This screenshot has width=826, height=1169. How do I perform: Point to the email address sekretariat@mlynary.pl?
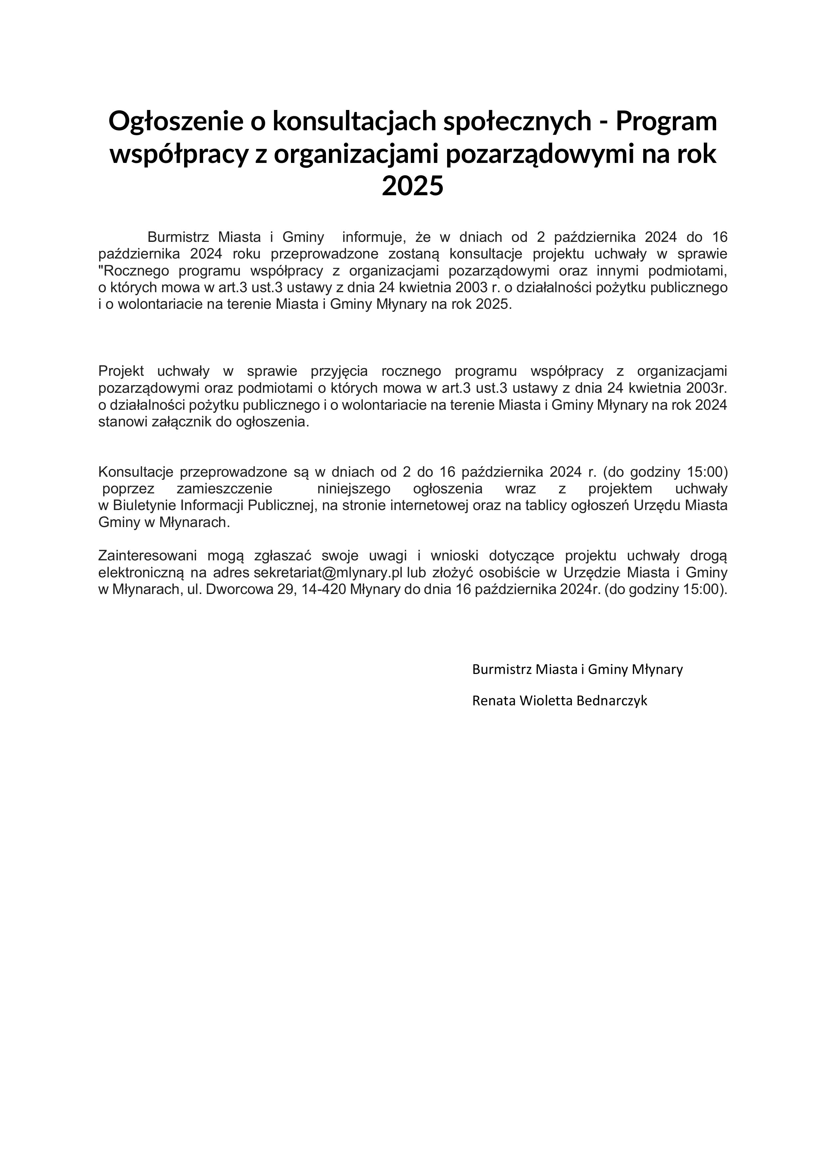coord(328,572)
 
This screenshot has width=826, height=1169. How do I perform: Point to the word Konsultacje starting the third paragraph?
coord(136,472)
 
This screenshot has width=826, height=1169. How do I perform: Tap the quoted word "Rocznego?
coord(134,271)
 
